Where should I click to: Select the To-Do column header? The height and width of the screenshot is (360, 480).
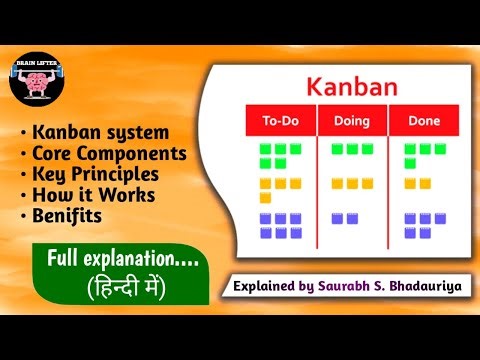[x=281, y=121]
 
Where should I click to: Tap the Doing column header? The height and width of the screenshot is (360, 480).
[x=345, y=121]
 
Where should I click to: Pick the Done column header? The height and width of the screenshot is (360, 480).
[x=409, y=121]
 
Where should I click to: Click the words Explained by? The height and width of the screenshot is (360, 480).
[x=274, y=286]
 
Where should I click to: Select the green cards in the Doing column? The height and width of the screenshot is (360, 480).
[x=344, y=149]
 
